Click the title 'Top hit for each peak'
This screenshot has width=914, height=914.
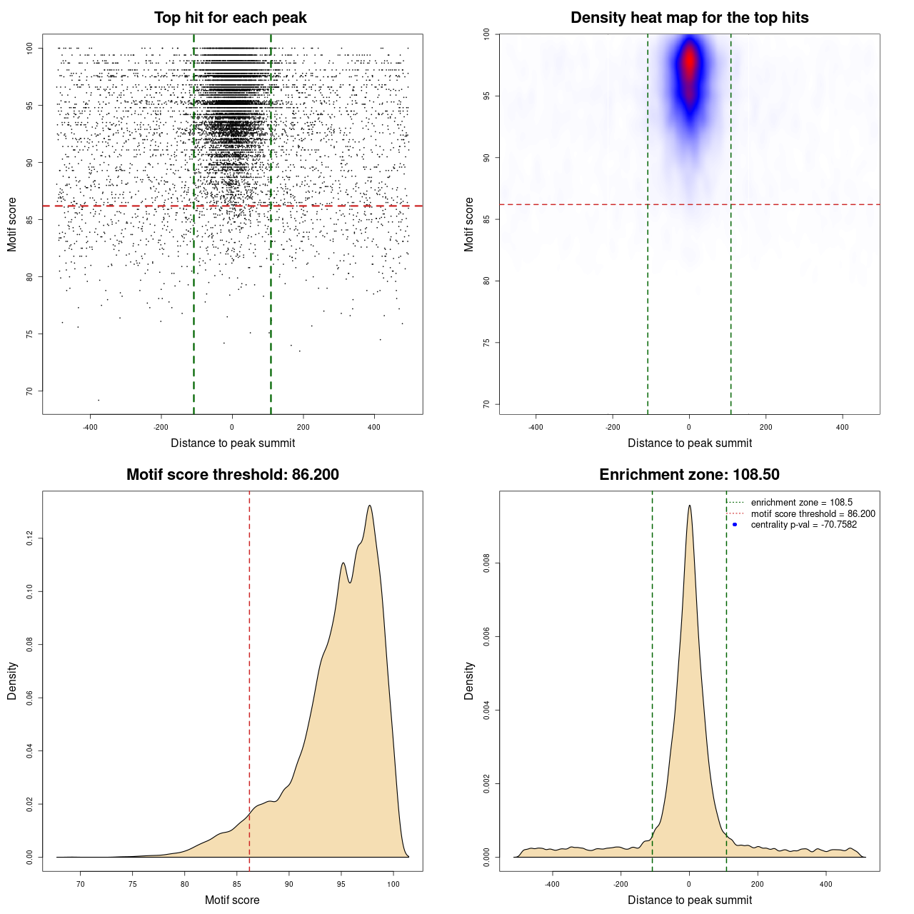click(x=230, y=18)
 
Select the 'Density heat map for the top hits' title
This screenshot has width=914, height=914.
click(x=689, y=18)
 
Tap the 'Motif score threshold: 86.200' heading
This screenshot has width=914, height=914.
click(x=232, y=475)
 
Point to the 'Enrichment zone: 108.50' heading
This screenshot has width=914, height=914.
click(x=689, y=475)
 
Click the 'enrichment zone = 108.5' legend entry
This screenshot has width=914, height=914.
click(x=801, y=503)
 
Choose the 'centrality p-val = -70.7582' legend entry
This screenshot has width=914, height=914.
click(x=803, y=525)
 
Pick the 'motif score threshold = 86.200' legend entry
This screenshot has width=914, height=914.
click(x=813, y=514)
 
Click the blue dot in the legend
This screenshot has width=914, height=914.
click(x=735, y=525)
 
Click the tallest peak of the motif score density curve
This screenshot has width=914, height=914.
click(x=370, y=506)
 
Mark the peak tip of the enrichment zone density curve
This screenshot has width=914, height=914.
click(x=689, y=506)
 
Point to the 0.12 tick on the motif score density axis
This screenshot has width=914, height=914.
click(x=30, y=538)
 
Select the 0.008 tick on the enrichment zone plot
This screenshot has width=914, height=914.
click(x=487, y=563)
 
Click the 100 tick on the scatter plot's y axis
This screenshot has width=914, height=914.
click(x=30, y=48)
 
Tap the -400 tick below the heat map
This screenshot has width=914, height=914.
click(x=536, y=427)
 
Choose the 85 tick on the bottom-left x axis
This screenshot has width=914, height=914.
click(x=237, y=884)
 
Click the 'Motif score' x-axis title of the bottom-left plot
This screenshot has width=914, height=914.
click(x=232, y=900)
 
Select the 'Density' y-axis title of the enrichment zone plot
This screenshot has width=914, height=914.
click(x=469, y=681)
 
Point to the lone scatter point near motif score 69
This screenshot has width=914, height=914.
click(x=99, y=400)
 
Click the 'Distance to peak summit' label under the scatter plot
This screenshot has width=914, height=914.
click(x=233, y=443)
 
